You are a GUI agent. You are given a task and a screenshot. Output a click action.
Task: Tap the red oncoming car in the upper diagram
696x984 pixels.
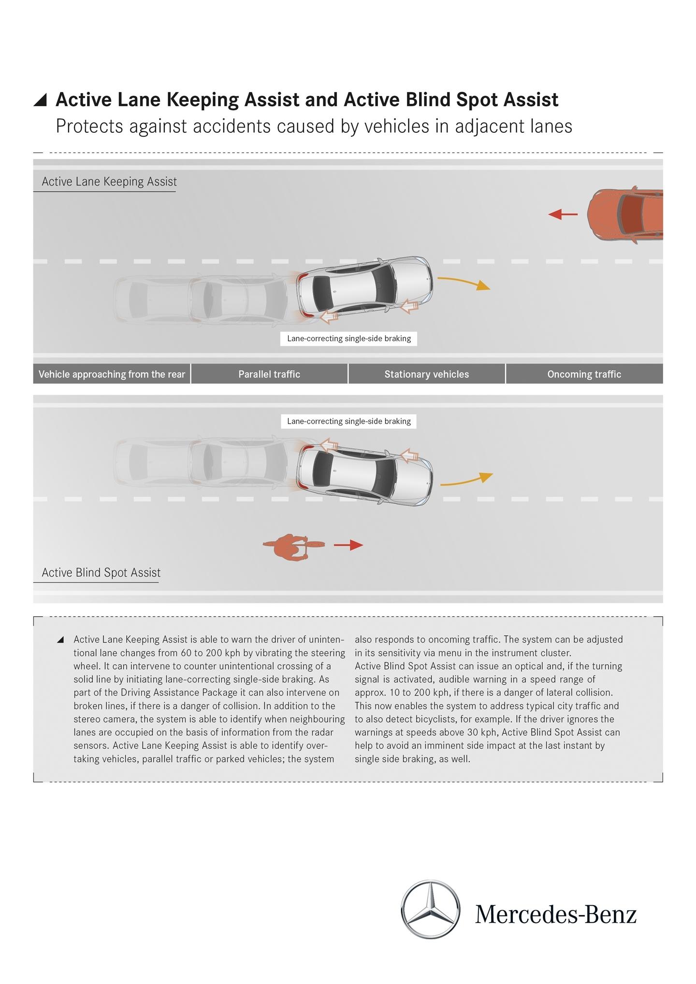tap(626, 214)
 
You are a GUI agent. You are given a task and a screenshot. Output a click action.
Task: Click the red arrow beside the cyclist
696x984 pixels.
tap(348, 545)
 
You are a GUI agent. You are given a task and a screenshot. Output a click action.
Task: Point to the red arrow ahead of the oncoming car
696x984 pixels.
tap(563, 214)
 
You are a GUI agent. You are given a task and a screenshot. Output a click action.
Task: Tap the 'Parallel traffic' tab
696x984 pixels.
tap(269, 374)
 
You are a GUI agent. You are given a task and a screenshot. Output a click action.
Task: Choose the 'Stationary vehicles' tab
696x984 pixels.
tap(426, 374)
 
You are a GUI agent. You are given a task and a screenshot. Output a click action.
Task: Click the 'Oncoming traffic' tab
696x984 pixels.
tap(584, 374)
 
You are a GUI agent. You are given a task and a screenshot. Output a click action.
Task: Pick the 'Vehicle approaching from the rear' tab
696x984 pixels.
tap(112, 374)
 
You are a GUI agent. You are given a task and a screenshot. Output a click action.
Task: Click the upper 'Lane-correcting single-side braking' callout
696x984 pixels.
tap(348, 339)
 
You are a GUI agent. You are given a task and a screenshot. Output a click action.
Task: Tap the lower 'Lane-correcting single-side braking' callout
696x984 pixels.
tap(348, 421)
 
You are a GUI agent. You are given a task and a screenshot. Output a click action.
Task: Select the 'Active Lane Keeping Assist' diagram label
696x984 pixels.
tap(109, 182)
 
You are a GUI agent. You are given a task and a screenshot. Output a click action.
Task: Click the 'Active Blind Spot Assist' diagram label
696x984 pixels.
tap(101, 572)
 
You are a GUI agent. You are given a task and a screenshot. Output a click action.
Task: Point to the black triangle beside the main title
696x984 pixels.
tap(41, 100)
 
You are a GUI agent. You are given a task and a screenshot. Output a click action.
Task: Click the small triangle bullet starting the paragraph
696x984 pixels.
tap(60, 640)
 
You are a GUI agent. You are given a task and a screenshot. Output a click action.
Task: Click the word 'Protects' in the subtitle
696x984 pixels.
tap(89, 127)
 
